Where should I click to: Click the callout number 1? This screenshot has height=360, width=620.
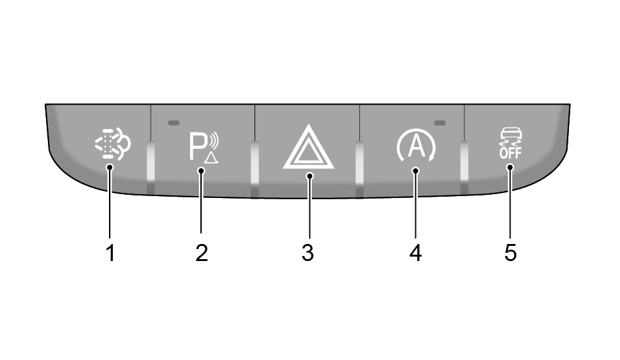coord(110,253)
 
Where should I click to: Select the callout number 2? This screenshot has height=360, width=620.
coord(202,253)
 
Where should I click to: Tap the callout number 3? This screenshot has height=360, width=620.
coord(307,253)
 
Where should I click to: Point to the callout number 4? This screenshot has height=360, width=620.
coord(416,253)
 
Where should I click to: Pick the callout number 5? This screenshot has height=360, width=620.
coord(510,253)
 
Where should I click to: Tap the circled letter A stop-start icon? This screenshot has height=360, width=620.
coord(416,146)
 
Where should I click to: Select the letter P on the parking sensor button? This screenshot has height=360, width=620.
coord(196,146)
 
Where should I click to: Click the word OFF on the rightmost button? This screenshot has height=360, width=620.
coord(510,153)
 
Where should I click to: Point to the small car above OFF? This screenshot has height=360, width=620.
coord(511,132)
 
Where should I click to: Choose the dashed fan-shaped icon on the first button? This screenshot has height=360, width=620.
coord(113,144)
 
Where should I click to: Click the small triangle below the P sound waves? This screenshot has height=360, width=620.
coord(211,158)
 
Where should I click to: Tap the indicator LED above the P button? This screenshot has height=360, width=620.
coord(173,123)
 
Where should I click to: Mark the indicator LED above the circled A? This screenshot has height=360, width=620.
coord(440,123)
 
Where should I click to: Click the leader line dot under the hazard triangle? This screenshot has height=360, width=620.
coord(309,176)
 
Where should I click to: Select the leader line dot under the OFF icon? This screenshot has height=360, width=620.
coord(510,167)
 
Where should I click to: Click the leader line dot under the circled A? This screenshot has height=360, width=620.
coord(415,170)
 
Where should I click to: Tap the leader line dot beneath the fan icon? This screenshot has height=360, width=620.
coord(110,167)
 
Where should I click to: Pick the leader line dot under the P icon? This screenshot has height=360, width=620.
coord(201,170)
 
